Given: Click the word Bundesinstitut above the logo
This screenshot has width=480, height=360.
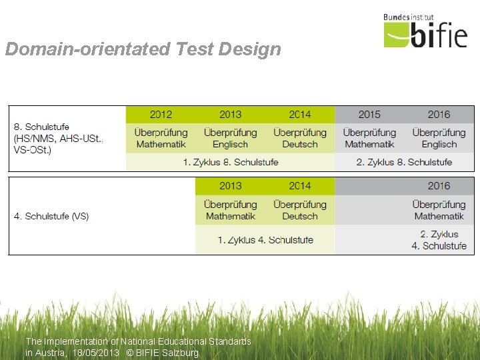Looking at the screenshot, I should pos(409,18).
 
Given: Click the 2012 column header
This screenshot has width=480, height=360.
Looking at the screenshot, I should pos(161,115).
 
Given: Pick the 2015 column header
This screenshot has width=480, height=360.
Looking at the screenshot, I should pos(370,115).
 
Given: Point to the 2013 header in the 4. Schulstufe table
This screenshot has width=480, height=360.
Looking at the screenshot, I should pos(231,186).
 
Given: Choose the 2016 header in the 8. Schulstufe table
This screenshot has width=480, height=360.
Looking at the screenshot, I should pos(439,115).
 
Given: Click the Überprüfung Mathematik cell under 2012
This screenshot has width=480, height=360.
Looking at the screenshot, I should pos(161,138).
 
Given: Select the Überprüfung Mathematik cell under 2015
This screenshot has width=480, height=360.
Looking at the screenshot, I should pos(370,138).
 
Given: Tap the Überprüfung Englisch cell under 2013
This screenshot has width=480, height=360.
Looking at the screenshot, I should pos(231,138).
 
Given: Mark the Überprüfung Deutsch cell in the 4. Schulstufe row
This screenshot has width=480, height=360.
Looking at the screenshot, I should pos(300,210).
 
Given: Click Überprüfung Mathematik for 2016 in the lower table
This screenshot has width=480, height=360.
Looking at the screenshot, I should pos(439,210).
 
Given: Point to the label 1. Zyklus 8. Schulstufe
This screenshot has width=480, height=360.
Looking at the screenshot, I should pos(231,162).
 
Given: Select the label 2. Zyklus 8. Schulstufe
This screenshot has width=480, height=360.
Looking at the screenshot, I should pos(404,162).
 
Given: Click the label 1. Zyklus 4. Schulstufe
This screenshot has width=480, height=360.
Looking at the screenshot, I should pos(265,240).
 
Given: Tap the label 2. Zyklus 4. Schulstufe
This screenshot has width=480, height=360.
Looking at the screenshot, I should pos(439,240).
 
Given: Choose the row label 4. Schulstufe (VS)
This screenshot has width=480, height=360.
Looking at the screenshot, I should pos(51,216).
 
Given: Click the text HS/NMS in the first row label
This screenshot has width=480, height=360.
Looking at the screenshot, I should pos(33,138).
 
